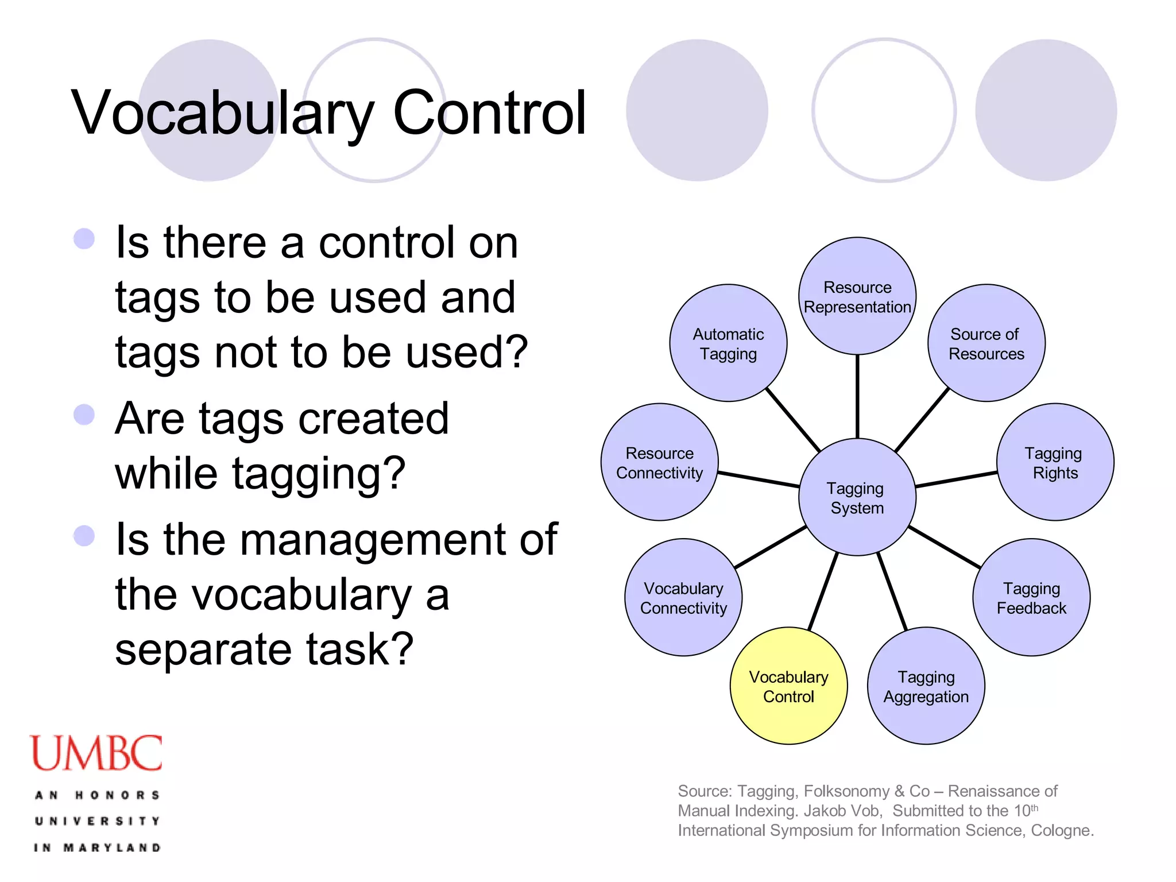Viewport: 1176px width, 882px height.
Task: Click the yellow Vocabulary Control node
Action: pyautogui.click(x=788, y=686)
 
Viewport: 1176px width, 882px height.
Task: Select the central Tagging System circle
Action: pyautogui.click(x=857, y=497)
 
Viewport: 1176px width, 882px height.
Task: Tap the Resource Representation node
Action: pyautogui.click(x=857, y=296)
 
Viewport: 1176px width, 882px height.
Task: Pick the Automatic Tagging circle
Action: pyautogui.click(x=728, y=343)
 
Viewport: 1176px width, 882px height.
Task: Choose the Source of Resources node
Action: pyautogui.click(x=986, y=343)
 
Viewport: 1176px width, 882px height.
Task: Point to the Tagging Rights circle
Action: pyautogui.click(x=1055, y=462)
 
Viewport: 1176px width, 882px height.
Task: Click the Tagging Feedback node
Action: pyautogui.click(x=1031, y=597)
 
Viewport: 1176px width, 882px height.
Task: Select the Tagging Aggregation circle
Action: pyautogui.click(x=926, y=686)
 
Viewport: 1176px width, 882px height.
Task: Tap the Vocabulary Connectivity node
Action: pyautogui.click(x=683, y=597)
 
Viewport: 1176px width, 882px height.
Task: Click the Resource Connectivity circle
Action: pyautogui.click(x=659, y=462)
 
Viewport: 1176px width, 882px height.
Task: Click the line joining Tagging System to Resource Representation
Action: pyautogui.click(x=857, y=396)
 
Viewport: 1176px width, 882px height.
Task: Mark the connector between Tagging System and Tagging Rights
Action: pyautogui.click(x=956, y=479)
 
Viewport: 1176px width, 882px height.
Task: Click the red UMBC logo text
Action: pyautogui.click(x=96, y=753)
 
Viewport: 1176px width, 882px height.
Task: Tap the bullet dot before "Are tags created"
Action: pyautogui.click(x=84, y=415)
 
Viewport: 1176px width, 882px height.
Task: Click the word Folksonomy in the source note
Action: pyautogui.click(x=846, y=791)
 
